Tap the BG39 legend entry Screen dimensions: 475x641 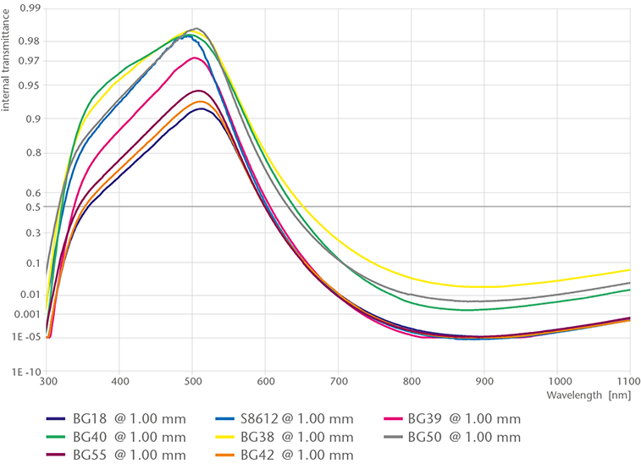pyautogui.click(x=464, y=418)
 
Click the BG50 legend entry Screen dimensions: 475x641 pyautogui.click(x=464, y=437)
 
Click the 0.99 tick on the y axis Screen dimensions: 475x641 pyautogui.click(x=30, y=8)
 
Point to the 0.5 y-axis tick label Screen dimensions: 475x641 pyautogui.click(x=33, y=207)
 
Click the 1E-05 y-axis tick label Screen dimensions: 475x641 pyautogui.click(x=27, y=337)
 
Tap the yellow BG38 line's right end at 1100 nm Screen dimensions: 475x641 pyautogui.click(x=630, y=269)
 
